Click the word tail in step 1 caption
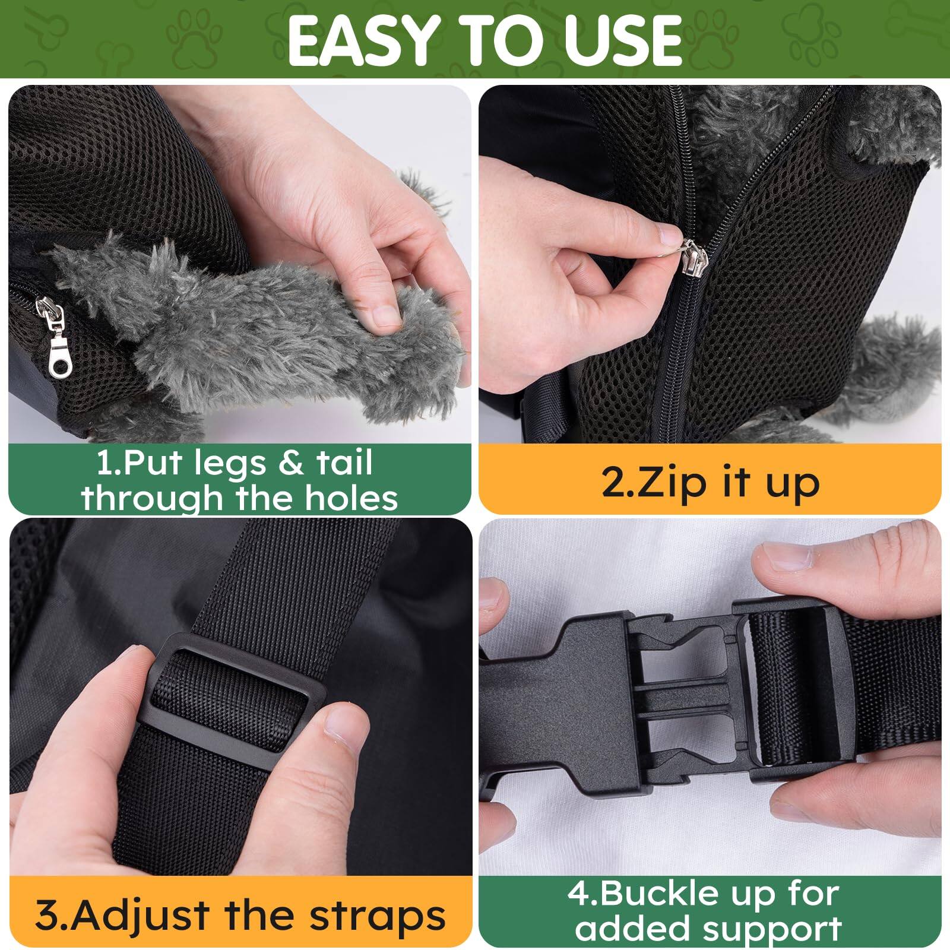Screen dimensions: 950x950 [x=344, y=463]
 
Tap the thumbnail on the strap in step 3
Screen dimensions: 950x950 [x=344, y=735]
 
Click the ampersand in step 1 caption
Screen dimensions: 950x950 [x=291, y=463]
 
